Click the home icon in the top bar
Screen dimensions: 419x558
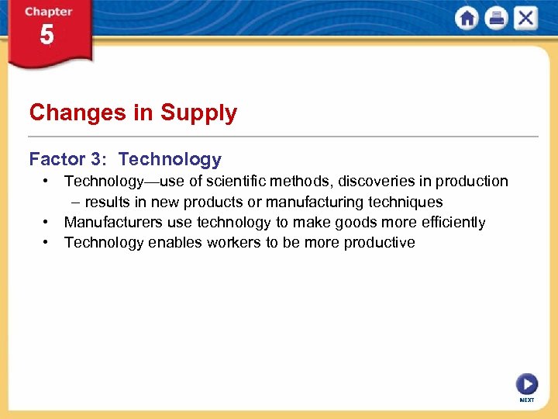467,18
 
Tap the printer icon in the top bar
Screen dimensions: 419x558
496,18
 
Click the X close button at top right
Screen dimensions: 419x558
525,18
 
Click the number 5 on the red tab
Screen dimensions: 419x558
47,36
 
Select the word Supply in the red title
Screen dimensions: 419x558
198,113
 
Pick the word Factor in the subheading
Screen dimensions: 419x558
57,160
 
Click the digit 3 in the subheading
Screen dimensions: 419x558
95,160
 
